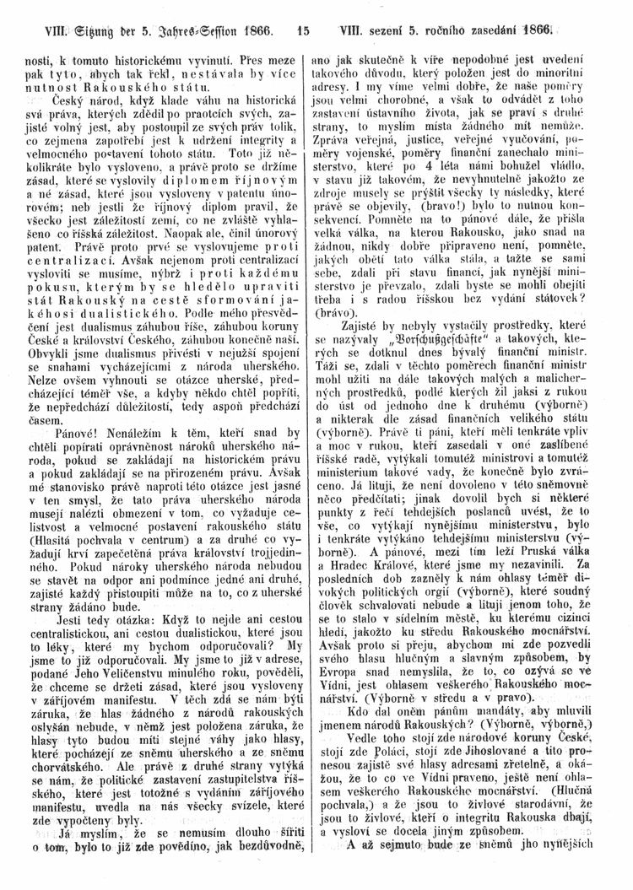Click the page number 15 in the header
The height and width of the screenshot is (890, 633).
click(305, 13)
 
